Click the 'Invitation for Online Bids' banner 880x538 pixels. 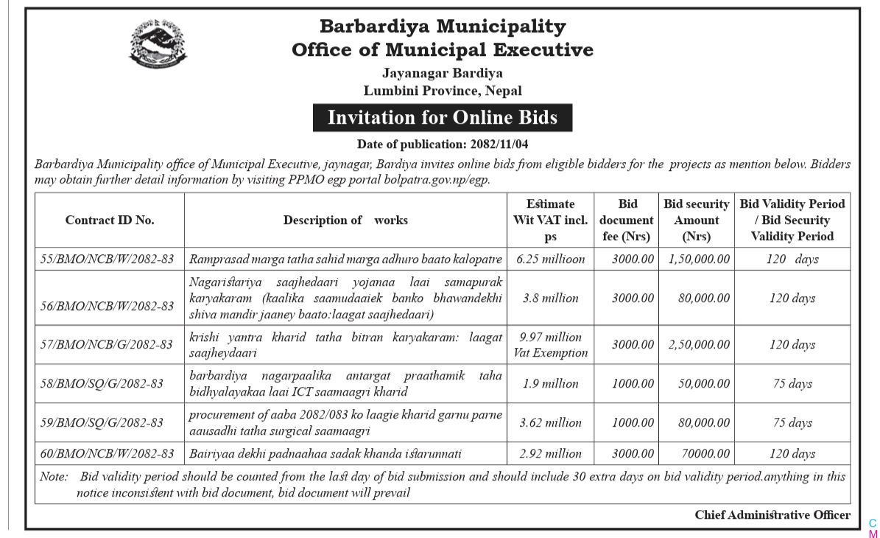click(442, 118)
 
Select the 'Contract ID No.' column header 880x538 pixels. click(110, 220)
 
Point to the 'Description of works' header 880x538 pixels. click(345, 220)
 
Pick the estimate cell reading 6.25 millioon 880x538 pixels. click(550, 259)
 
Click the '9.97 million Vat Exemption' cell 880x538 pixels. click(550, 344)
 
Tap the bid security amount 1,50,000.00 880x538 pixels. click(698, 259)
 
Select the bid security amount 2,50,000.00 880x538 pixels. click(698, 344)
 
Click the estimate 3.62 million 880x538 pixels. click(550, 422)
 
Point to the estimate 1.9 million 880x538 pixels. click(550, 383)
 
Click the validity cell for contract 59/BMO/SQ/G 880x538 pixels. click(792, 422)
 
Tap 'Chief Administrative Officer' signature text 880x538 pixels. click(772, 515)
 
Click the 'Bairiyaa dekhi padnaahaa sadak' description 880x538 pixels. click(325, 453)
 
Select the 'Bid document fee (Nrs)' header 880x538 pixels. click(626, 220)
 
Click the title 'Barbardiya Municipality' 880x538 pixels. click(442, 27)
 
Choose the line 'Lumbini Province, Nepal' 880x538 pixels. click(442, 91)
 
